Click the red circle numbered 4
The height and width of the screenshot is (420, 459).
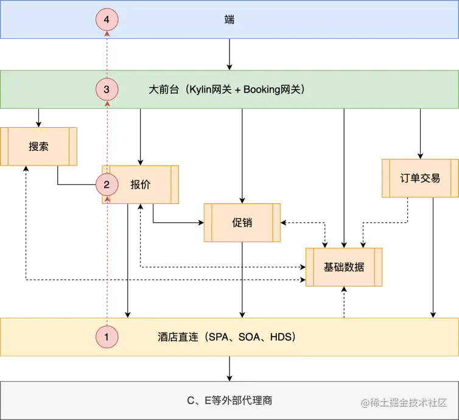pos(107,20)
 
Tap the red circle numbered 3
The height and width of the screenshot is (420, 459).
pos(107,89)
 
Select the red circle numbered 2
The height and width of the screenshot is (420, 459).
pos(107,184)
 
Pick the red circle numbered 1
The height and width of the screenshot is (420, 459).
pos(107,336)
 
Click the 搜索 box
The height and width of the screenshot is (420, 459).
pos(38,147)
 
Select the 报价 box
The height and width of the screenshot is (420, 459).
pos(141,184)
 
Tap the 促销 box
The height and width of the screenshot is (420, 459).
pos(242,223)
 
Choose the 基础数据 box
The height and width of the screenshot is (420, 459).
pos(344,267)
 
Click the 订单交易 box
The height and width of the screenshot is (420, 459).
pos(420,178)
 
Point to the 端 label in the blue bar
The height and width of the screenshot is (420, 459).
pos(229,20)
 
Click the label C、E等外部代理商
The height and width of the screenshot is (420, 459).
pos(229,401)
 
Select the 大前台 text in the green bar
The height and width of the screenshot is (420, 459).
pos(162,89)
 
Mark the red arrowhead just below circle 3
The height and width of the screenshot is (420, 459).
pos(107,104)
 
